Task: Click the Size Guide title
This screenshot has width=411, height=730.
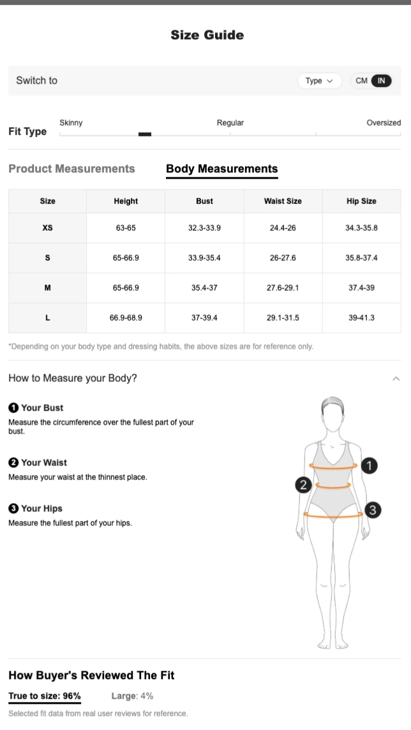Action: pos(207,35)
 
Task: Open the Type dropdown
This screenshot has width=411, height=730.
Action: pos(320,80)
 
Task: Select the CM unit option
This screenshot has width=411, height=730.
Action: pos(361,80)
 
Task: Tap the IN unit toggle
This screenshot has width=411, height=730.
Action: pos(381,80)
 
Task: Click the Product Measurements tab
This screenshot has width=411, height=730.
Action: pos(71,168)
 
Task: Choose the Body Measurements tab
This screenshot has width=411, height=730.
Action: pos(222,169)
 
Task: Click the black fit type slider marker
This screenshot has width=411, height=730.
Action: pos(145,134)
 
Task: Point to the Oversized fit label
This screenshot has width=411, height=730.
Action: pos(384,123)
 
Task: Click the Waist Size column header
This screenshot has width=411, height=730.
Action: pos(283,201)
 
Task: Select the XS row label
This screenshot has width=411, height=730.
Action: pos(47,228)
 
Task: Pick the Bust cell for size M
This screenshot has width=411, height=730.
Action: pos(204,288)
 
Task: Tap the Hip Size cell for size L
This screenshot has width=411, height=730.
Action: pos(362,318)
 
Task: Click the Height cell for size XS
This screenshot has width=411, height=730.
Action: pos(126,228)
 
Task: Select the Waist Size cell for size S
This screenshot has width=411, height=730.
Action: pos(283,258)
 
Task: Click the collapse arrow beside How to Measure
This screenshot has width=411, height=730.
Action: pos(396,379)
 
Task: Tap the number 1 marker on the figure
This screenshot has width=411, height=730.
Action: pos(369,465)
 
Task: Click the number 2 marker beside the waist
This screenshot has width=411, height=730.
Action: pos(303,485)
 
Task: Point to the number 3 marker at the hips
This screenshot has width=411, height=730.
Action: pos(372,510)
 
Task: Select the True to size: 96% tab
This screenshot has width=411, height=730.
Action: pos(45,696)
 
